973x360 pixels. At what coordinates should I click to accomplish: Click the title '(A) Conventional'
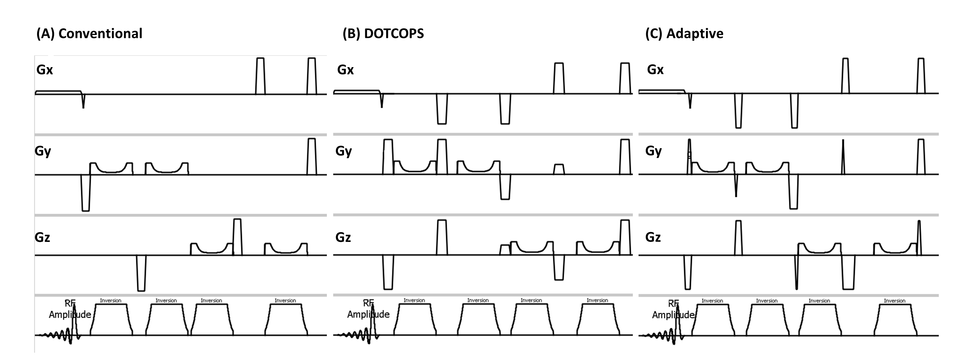click(89, 34)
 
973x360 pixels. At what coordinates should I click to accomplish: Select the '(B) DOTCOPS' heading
click(383, 34)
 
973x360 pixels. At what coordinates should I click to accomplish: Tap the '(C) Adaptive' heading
click(684, 34)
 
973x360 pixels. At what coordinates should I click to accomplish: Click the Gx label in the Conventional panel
click(45, 70)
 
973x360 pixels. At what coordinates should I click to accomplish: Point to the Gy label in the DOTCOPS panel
click(343, 151)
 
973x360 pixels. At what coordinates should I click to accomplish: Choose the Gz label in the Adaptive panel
click(653, 237)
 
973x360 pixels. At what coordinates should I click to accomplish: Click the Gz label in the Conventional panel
click(42, 237)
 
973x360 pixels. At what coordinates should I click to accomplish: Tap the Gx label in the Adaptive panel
click(655, 70)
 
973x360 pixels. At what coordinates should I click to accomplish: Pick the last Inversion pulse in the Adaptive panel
click(894, 319)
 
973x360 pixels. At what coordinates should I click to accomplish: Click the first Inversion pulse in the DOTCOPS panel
click(414, 319)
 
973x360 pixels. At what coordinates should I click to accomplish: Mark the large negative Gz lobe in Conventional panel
click(141, 274)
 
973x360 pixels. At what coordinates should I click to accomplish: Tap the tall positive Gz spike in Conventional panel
click(237, 237)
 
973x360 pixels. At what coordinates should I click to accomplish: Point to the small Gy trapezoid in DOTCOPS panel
click(559, 169)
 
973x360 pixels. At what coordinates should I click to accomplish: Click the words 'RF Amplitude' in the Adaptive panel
click(673, 310)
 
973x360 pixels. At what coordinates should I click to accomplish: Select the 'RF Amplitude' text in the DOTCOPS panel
click(368, 309)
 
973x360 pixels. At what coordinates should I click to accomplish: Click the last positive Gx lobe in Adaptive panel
click(921, 76)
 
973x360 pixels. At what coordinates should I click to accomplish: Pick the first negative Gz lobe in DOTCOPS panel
click(388, 272)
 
